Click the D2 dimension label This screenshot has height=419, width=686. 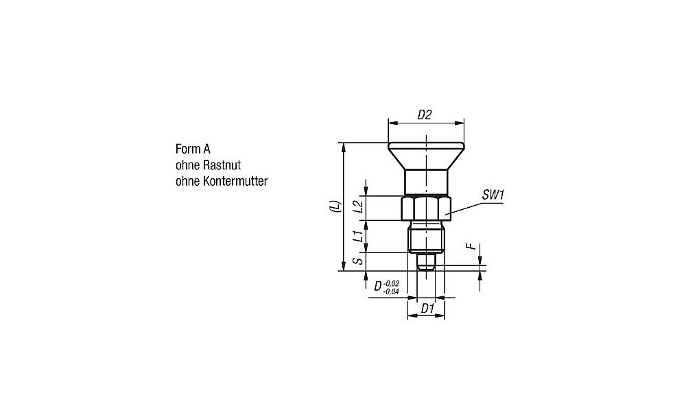[x=425, y=115]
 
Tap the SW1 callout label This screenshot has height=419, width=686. [x=493, y=195]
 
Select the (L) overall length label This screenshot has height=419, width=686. [x=335, y=206]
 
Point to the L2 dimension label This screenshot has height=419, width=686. [x=358, y=206]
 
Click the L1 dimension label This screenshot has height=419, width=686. [x=358, y=236]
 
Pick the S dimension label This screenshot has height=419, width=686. [x=358, y=261]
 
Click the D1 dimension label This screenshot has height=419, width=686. [x=427, y=309]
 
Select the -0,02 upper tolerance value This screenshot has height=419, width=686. [x=391, y=283]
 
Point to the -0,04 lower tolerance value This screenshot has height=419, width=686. [x=391, y=291]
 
